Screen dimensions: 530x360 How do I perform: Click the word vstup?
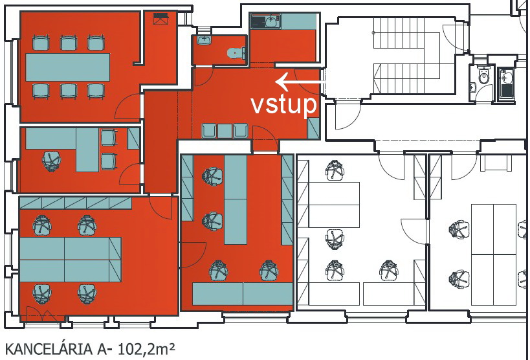click(x=283, y=106)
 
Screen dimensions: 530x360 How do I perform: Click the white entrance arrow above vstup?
click(x=300, y=82)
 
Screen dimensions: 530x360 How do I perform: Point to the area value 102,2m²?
click(x=146, y=349)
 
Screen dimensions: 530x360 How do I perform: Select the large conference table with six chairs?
click(x=67, y=67)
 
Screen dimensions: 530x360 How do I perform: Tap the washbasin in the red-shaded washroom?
click(x=204, y=40)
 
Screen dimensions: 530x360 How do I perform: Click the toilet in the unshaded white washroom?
click(x=483, y=76)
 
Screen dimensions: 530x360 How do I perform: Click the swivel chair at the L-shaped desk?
click(x=51, y=161)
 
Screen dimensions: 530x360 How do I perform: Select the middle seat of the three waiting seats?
click(x=225, y=131)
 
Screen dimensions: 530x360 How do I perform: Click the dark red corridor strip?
click(x=160, y=142)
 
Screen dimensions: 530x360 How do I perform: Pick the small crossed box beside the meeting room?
click(x=160, y=19)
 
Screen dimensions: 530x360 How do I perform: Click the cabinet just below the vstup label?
click(x=313, y=128)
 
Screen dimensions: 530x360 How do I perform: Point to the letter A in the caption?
click(x=102, y=349)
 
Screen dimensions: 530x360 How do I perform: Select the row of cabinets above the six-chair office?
click(x=75, y=203)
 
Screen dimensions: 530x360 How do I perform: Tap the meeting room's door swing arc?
click(x=127, y=106)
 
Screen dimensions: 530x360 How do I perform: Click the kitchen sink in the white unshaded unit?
click(x=505, y=77)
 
